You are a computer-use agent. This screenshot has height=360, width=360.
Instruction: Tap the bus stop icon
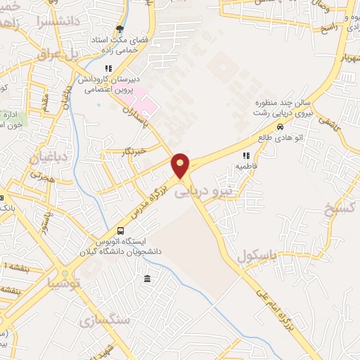click(x=121, y=231)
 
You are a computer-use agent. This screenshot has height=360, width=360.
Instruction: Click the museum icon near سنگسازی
click(x=147, y=280)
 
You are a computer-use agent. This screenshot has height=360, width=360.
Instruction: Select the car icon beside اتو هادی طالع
click(x=281, y=128)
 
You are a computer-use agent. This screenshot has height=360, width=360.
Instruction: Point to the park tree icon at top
click(x=120, y=30)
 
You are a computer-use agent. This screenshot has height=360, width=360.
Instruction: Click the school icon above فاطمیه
click(x=246, y=156)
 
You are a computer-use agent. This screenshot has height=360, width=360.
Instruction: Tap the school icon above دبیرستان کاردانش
click(x=108, y=68)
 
